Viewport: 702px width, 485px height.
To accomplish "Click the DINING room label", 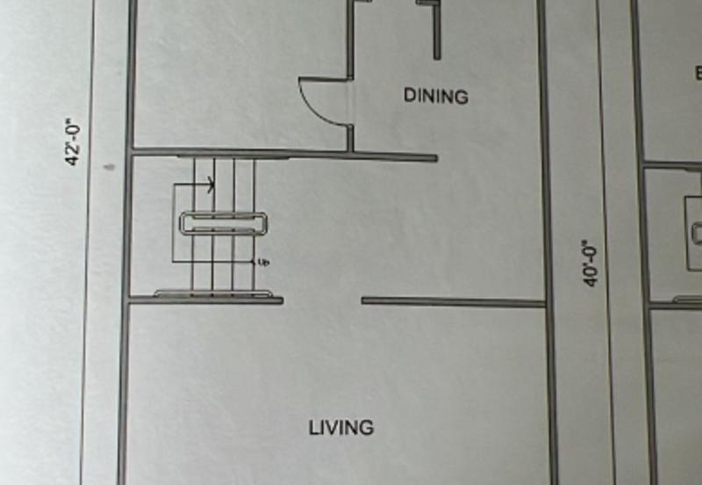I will coord(436,96).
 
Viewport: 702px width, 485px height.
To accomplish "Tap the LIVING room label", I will coord(341,428).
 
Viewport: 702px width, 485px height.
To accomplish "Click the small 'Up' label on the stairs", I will coord(263,262).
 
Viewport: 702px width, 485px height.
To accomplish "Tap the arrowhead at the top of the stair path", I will coord(211,185).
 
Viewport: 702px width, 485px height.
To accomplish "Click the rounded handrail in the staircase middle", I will coord(224,223).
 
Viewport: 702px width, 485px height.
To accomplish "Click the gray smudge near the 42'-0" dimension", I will coord(109,164).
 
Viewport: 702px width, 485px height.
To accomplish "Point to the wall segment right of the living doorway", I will coord(453,302).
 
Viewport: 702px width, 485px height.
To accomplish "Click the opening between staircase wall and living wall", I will coord(322,301).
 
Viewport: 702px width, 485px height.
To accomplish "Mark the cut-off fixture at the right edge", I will coord(696,233).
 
